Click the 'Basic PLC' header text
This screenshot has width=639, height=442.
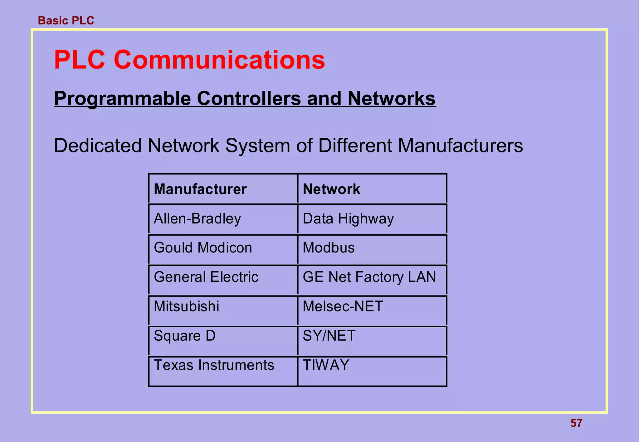coord(66,21)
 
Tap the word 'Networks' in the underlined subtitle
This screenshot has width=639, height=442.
coord(391,98)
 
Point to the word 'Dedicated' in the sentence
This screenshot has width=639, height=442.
coord(98,146)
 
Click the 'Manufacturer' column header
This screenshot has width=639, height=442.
coord(200,189)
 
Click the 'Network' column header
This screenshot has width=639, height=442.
coord(331,189)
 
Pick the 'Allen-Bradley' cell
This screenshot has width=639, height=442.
coord(197,219)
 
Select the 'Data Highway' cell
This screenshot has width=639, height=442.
coord(348,219)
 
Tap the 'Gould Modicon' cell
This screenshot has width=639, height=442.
coord(203,248)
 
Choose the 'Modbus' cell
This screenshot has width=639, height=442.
coord(329,248)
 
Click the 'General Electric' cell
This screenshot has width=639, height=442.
coord(206,277)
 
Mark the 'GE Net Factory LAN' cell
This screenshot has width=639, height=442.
coord(369,277)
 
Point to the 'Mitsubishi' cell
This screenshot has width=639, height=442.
coord(186,306)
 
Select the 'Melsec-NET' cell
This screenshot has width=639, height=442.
coord(343,306)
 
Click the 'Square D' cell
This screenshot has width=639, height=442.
coord(184,336)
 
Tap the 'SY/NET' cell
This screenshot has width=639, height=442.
coord(329,336)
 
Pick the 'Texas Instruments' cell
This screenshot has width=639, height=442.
coord(214,365)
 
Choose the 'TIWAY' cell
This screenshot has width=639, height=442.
coord(326,365)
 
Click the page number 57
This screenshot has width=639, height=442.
coord(576,423)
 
